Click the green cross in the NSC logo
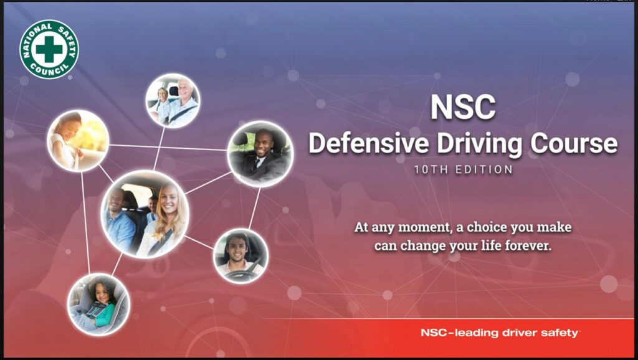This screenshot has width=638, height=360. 49,49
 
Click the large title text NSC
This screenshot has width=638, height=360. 463,107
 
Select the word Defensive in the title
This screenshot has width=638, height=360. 369,143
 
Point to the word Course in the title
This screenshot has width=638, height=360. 574,143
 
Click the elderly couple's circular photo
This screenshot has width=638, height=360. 173,101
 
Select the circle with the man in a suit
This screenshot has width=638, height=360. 260,154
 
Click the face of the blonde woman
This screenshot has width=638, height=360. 168,199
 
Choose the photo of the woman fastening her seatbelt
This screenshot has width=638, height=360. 78,140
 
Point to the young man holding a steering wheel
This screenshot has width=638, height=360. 241,256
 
